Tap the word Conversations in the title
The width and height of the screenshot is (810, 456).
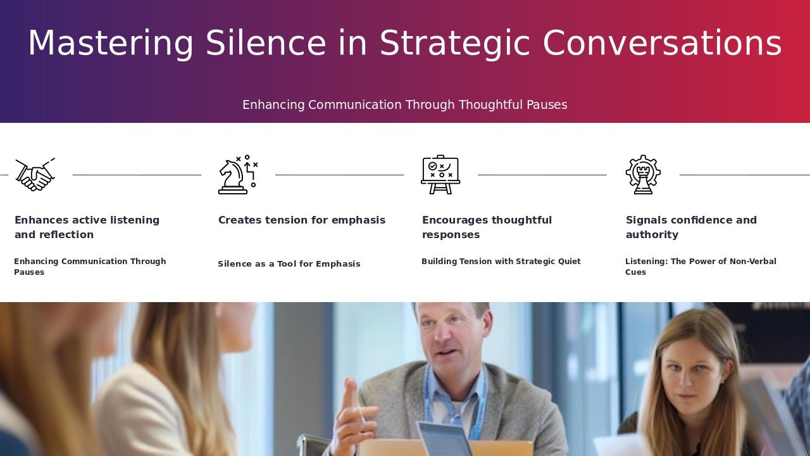coord(662,42)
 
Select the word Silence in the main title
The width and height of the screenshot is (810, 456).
coord(266,42)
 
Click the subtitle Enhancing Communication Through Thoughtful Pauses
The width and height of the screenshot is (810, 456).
coord(404,104)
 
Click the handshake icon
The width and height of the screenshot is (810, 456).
coord(35,174)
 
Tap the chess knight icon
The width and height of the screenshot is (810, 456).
coord(237,174)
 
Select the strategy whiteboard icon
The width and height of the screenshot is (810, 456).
coord(440,174)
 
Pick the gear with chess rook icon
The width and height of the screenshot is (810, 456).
coord(644,174)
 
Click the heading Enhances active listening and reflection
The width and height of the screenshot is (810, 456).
coord(87,227)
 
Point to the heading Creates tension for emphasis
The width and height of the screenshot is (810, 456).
coord(302,220)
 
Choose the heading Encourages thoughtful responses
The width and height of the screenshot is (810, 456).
coord(487,227)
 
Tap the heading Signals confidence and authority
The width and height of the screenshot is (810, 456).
coord(691,227)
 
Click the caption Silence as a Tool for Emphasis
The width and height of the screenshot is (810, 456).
coord(289,264)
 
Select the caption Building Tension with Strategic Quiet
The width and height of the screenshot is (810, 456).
coord(501,262)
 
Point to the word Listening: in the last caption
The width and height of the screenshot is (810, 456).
coord(646,262)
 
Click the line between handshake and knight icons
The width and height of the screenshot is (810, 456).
coord(137,175)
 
